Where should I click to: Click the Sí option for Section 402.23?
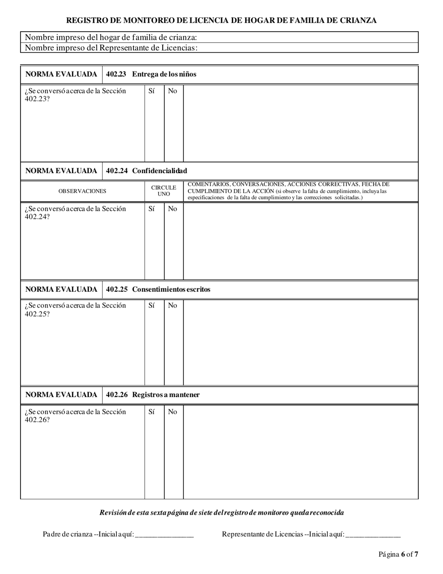(152, 91)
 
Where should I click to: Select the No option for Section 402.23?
(173, 91)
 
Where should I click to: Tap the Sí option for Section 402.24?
(152, 209)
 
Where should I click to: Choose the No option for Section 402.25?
(173, 306)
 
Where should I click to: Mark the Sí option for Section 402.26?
(152, 412)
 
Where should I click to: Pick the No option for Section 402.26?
(173, 412)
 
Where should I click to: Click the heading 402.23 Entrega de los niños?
(151, 74)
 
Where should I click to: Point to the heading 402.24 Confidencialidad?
(146, 171)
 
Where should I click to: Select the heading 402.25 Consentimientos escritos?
(158, 289)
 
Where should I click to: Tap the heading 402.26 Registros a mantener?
(153, 395)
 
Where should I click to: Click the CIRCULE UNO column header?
(164, 191)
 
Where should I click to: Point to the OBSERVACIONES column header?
(82, 191)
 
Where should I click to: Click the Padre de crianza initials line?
(164, 535)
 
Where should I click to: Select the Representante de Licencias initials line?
(373, 535)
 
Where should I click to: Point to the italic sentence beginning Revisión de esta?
(221, 512)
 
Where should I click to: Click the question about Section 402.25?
(75, 309)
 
